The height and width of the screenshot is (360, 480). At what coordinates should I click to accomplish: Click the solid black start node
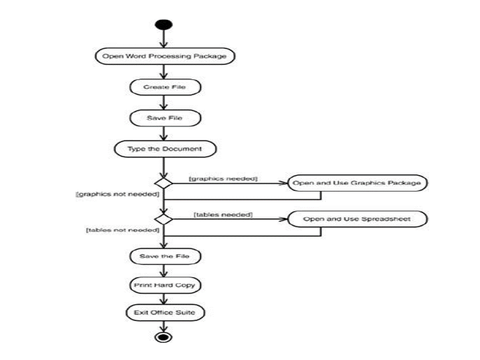[164, 24]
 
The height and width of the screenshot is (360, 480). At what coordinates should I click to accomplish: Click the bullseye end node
[163, 336]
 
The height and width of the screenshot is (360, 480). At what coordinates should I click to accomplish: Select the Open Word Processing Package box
[164, 56]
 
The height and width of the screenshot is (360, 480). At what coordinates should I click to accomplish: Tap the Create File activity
[164, 87]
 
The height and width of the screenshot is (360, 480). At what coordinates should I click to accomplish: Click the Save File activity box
[164, 118]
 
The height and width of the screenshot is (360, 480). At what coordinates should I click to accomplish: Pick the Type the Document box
[164, 148]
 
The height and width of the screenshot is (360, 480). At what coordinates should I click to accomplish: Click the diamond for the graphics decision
[163, 183]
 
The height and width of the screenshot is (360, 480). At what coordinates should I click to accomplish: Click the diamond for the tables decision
[163, 219]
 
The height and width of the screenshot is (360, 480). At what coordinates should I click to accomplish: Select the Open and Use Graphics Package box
[356, 183]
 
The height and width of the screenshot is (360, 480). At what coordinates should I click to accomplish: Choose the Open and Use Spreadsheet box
[356, 219]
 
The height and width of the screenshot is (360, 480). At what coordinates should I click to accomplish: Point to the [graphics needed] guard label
[222, 178]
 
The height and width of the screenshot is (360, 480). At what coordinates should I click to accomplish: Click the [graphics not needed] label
[117, 193]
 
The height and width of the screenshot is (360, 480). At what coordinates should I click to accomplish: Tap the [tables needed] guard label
[223, 214]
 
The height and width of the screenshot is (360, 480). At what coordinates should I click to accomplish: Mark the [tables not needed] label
[122, 230]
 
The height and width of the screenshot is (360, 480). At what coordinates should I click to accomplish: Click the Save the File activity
[164, 256]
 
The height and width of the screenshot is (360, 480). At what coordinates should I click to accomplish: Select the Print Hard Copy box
[163, 285]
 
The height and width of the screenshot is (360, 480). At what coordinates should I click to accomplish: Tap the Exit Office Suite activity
[164, 313]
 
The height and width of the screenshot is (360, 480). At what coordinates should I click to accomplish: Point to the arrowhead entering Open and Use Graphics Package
[283, 183]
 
